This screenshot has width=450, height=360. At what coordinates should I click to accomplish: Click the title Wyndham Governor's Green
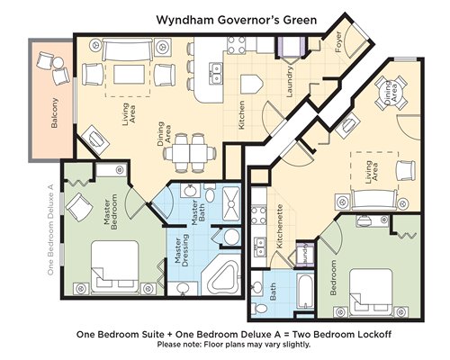click(x=237, y=20)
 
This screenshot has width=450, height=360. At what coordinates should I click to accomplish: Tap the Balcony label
click(x=54, y=113)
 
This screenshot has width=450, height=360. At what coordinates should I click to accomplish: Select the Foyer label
click(x=338, y=42)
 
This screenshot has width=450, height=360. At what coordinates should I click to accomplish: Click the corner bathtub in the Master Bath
click(x=221, y=276)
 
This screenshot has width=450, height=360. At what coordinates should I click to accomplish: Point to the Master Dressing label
click(x=182, y=251)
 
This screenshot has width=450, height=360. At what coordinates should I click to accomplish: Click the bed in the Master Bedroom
click(x=114, y=266)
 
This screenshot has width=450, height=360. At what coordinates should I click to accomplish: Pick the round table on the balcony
click(x=58, y=63)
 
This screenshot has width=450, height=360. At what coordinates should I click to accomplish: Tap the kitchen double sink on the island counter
click(x=216, y=73)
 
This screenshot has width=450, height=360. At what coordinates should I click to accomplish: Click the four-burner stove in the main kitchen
click(x=236, y=45)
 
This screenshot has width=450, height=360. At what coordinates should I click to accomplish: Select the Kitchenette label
click(x=280, y=226)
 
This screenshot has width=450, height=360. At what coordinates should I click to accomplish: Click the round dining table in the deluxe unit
click(x=391, y=93)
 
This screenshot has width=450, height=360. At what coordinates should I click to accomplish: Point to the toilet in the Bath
click(x=260, y=308)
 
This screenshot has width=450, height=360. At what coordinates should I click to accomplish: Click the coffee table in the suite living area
click(x=128, y=75)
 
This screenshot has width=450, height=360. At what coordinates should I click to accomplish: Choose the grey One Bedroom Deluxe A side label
click(x=50, y=229)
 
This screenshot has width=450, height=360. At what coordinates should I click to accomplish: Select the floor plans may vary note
click(x=234, y=344)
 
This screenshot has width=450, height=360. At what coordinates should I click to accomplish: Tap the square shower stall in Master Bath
click(x=230, y=204)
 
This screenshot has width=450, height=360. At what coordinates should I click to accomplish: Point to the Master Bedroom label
click(x=111, y=211)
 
